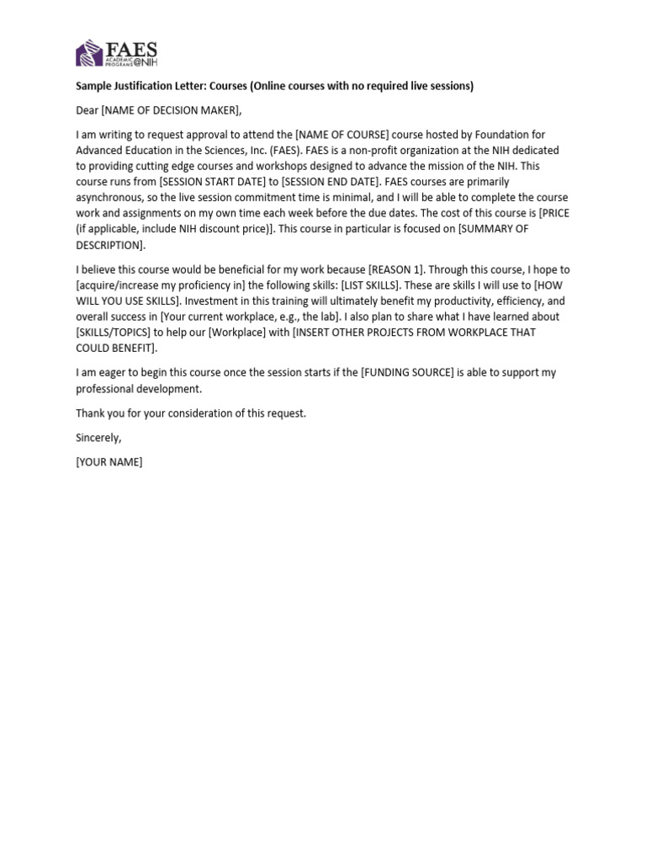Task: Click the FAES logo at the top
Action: [117, 54]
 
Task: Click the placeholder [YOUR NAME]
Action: [109, 462]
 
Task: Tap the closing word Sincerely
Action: [98, 438]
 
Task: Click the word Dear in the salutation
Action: [87, 110]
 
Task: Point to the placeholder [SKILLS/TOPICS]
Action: [114, 333]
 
